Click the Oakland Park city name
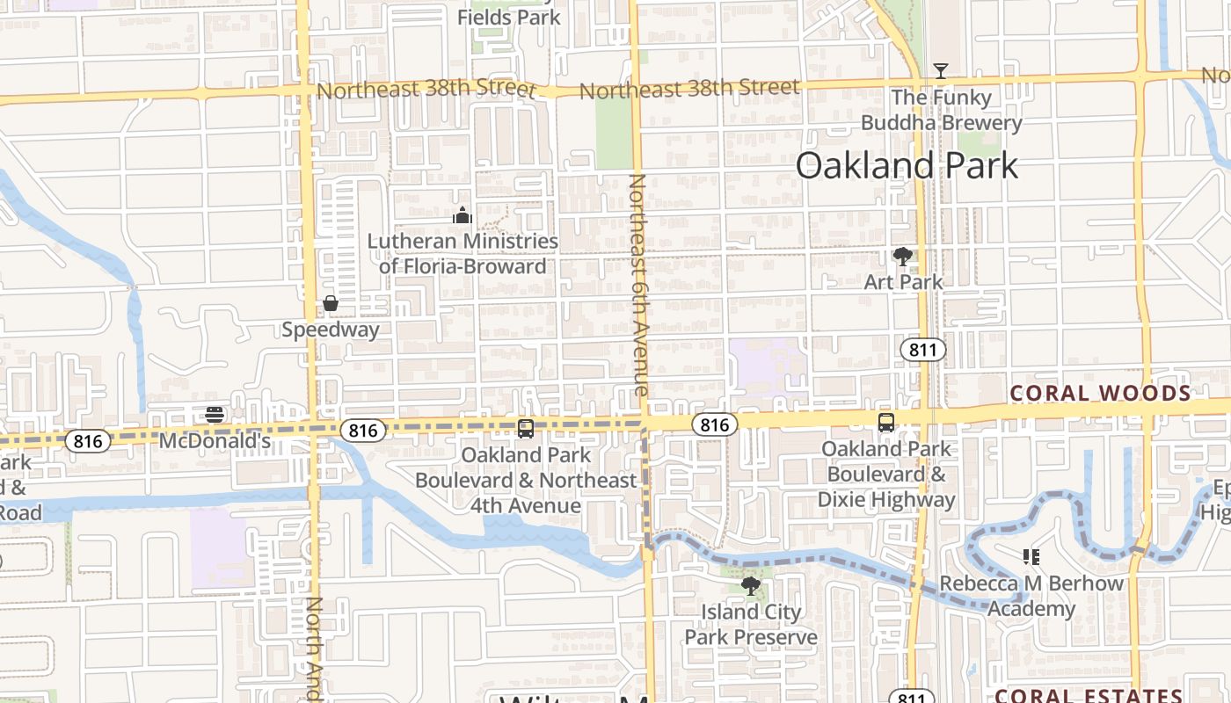point(907,165)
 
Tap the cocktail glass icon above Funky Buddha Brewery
point(941,70)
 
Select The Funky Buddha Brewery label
point(941,110)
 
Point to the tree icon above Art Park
point(902,257)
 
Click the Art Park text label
point(903,282)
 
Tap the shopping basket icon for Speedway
point(331,304)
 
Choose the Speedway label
point(331,330)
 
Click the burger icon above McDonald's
point(215,414)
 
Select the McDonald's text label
point(215,440)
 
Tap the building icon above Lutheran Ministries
point(463,214)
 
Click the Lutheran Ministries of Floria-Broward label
point(463,253)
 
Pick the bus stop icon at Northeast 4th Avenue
point(526,429)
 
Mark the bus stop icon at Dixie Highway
point(886,423)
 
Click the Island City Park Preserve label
point(751,625)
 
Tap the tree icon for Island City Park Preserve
point(750,585)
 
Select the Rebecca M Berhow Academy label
point(1031,596)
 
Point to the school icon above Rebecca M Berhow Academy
point(1031,557)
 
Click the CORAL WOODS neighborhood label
point(1099,393)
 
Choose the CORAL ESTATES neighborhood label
point(1089,696)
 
